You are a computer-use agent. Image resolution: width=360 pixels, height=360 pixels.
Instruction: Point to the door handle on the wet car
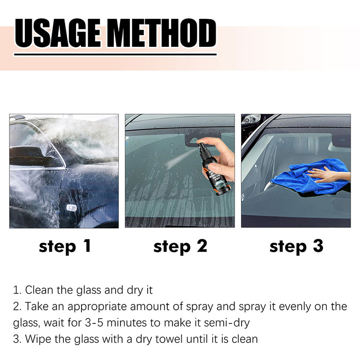coord(71,207)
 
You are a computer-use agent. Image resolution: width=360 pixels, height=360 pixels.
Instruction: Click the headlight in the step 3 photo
coord(251,119)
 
